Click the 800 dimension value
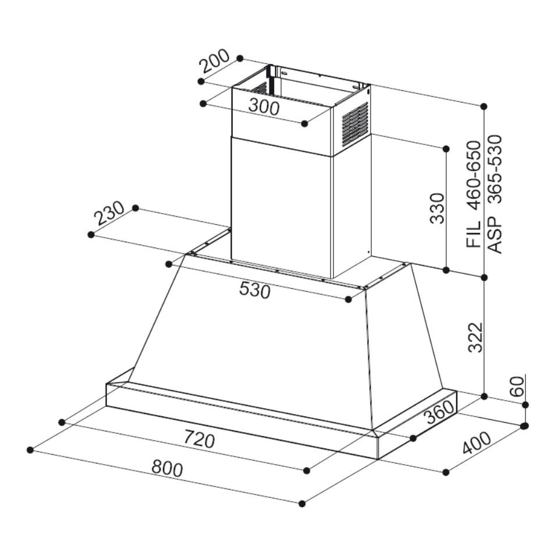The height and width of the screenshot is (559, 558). coord(167,468)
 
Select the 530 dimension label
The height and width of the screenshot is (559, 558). coord(255,289)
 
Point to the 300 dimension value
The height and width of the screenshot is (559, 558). coord(264,107)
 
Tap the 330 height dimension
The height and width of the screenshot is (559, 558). coord(437,208)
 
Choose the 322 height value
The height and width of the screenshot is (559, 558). coord(475,338)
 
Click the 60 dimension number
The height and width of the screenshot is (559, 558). coord(517,386)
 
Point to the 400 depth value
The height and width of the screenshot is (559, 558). coord(476,444)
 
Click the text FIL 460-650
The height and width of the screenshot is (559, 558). coord(474,194)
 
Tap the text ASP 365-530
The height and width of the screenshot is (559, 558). coord(494,194)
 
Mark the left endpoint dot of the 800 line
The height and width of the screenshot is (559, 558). coord(30,450)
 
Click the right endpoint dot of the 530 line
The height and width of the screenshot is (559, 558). coord(348,299)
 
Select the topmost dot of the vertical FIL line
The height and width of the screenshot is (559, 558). coord(484,106)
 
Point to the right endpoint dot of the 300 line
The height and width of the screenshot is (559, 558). coord(305,123)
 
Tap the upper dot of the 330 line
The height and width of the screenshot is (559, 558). coord(446,148)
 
